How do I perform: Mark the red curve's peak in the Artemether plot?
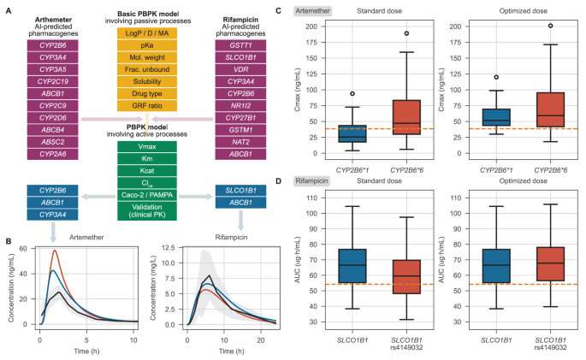tap(55, 251)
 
